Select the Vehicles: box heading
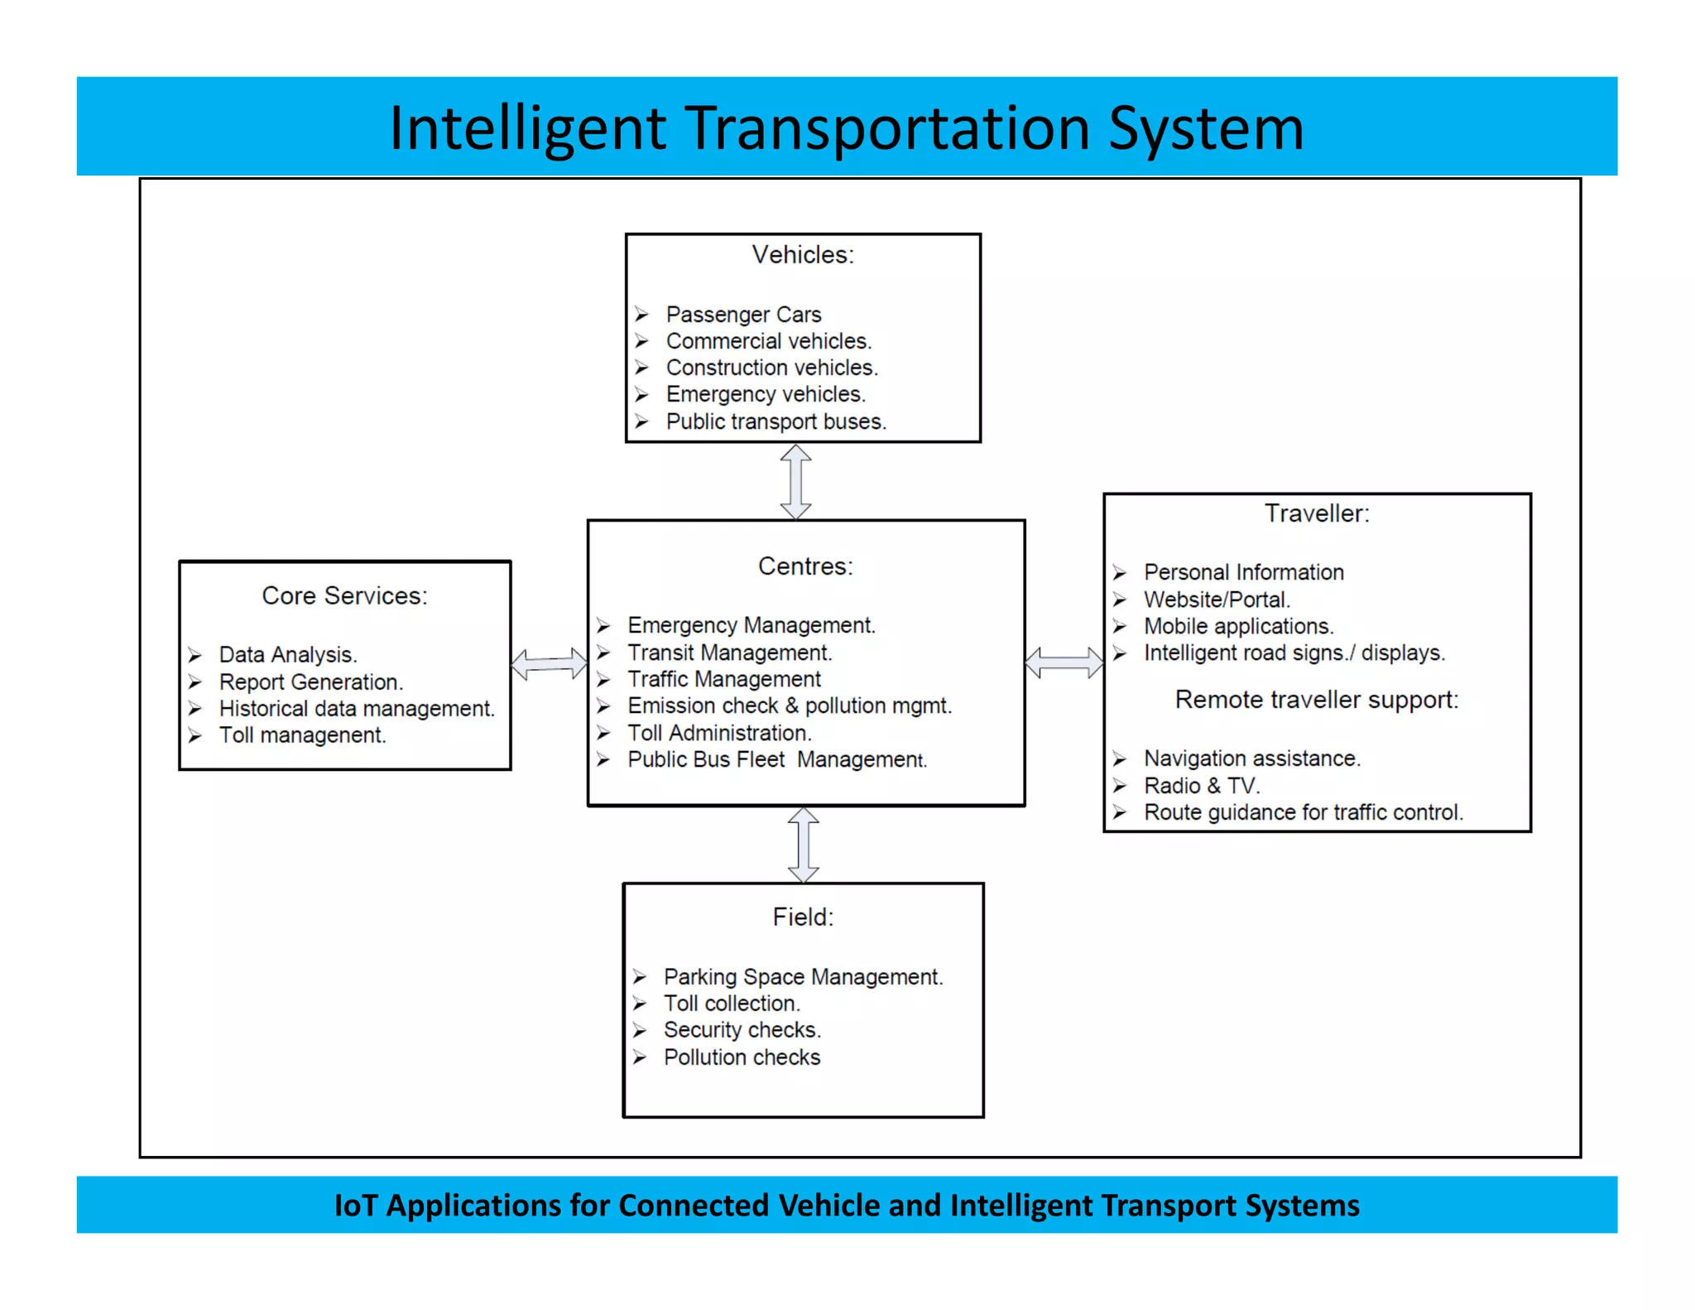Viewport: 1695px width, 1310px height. point(802,255)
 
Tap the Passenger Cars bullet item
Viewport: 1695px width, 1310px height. point(742,315)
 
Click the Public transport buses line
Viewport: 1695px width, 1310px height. point(775,421)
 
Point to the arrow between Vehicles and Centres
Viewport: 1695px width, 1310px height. point(796,482)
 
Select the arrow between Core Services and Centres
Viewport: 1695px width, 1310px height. point(549,664)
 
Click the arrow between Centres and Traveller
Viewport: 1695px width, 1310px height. point(1064,662)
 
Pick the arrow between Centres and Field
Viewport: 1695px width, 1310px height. point(803,845)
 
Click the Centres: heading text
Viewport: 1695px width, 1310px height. point(804,566)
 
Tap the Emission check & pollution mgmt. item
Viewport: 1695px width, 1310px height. point(789,706)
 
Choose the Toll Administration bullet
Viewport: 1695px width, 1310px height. point(718,733)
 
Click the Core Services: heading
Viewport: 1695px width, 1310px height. point(344,596)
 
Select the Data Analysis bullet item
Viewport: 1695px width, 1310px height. point(287,655)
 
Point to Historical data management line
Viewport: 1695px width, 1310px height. point(356,709)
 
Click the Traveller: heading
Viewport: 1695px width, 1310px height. point(1316,513)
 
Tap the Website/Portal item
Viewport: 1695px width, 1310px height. point(1216,600)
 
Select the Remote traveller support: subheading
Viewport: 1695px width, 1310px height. point(1316,700)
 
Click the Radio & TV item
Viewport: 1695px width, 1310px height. point(1201,786)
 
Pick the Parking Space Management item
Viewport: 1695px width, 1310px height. point(802,977)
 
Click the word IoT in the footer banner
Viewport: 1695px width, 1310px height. point(355,1206)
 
